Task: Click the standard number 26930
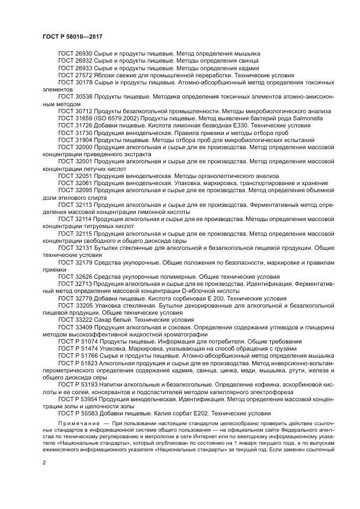pos(83,54)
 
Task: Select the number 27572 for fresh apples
pos(83,75)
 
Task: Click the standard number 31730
pos(83,132)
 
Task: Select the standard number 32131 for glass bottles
pos(83,248)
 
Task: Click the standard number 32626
pos(83,276)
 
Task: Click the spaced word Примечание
pos(80,423)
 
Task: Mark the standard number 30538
pos(83,96)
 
